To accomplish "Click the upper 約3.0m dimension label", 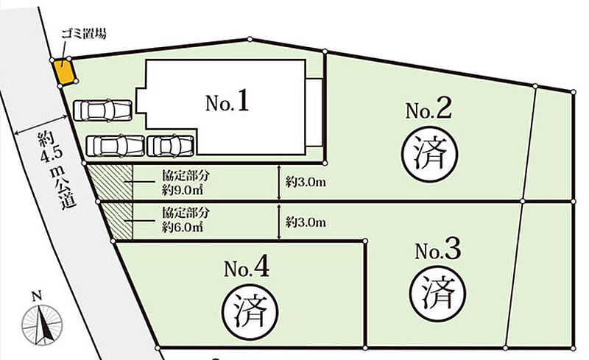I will tap(305, 182).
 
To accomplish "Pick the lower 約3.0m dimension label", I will tap(305, 222).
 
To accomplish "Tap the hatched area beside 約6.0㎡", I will tap(118, 221).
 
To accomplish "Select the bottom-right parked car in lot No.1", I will tap(171, 145).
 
